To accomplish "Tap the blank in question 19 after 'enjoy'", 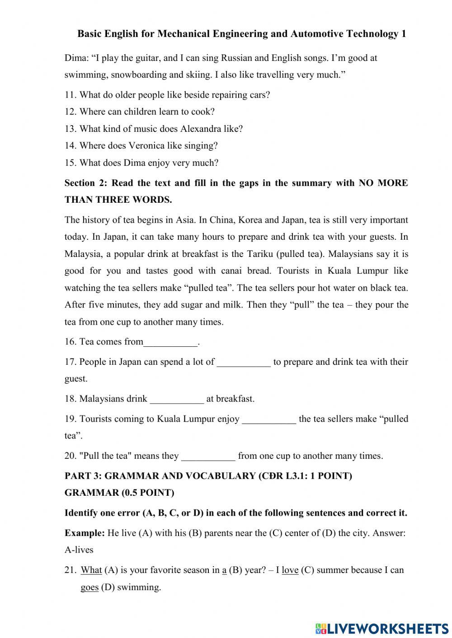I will click(x=269, y=420).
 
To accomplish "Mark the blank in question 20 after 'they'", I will click(x=208, y=457).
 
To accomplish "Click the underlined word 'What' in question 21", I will click(x=91, y=570).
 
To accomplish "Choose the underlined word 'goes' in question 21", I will click(x=89, y=587).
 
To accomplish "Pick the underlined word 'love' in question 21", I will click(x=290, y=570).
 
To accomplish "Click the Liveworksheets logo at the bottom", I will click(x=381, y=628).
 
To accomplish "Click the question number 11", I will click(x=70, y=95).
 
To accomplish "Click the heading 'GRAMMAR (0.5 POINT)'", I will click(x=119, y=493).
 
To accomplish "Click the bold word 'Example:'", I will click(x=85, y=533).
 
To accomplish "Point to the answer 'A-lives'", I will click(x=79, y=550).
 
